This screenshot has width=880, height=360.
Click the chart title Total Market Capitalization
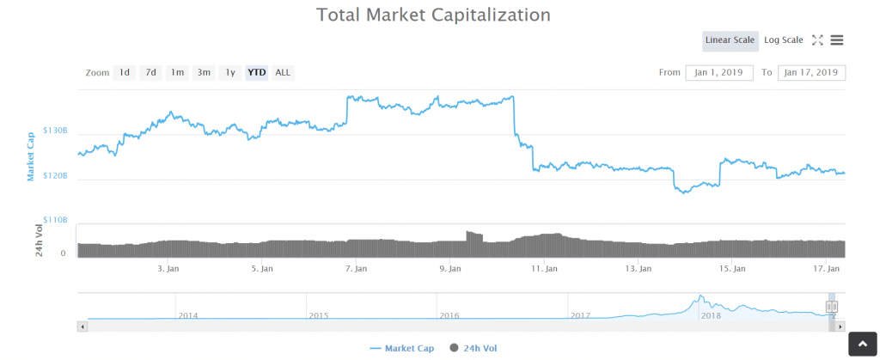(x=433, y=15)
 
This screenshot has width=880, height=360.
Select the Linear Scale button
(x=730, y=40)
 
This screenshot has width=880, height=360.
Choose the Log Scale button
(x=783, y=40)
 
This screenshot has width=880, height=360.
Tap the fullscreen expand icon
(x=817, y=40)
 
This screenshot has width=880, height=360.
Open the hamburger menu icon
(x=837, y=40)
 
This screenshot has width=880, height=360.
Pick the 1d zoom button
(x=125, y=73)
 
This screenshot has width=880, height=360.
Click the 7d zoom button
(x=150, y=73)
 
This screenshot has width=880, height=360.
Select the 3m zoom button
(x=204, y=73)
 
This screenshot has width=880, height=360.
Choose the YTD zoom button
(x=256, y=73)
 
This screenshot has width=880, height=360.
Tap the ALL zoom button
(x=283, y=73)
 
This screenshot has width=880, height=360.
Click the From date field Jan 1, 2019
(x=719, y=73)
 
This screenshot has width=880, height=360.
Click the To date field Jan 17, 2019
(x=811, y=73)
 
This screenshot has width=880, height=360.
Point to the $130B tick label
(x=55, y=131)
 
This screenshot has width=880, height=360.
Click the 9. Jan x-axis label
(x=449, y=269)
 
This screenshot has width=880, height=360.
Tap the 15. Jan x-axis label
(x=730, y=269)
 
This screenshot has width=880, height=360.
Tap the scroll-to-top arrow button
(x=862, y=344)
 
